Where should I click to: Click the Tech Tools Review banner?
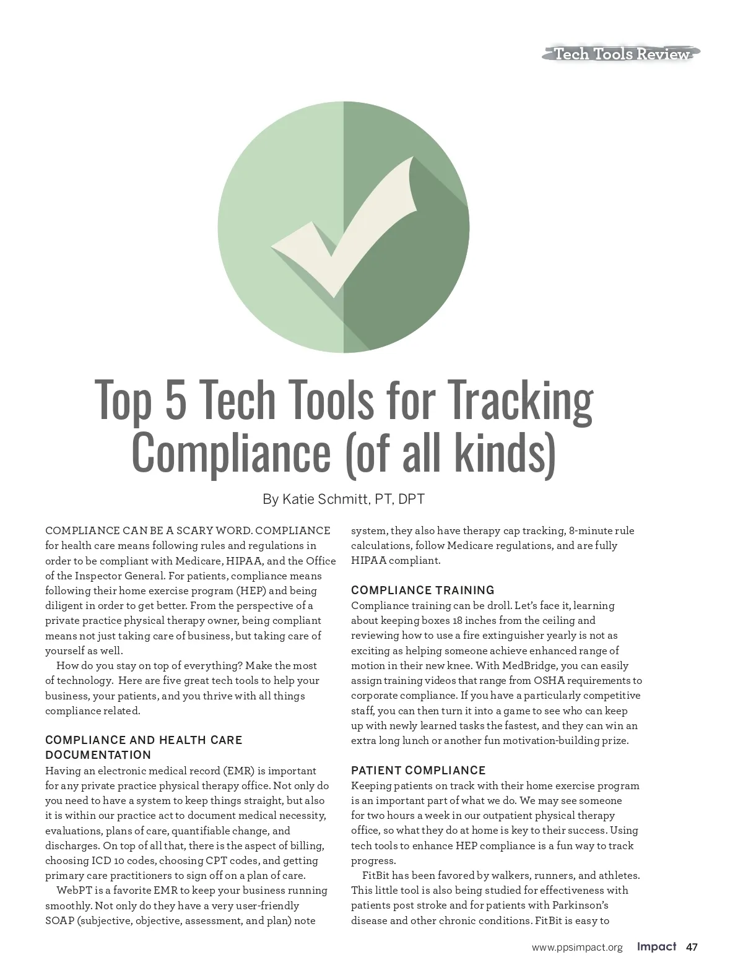coord(621,54)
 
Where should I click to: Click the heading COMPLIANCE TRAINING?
coord(423,590)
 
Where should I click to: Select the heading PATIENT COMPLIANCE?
coord(419,770)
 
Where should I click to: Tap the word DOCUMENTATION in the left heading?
coord(98,755)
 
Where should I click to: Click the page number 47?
coord(692,947)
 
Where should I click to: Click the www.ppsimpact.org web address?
coord(577,948)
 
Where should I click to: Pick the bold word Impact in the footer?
coord(656,947)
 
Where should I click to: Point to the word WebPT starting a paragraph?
coord(75,891)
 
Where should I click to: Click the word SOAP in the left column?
coord(59,920)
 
